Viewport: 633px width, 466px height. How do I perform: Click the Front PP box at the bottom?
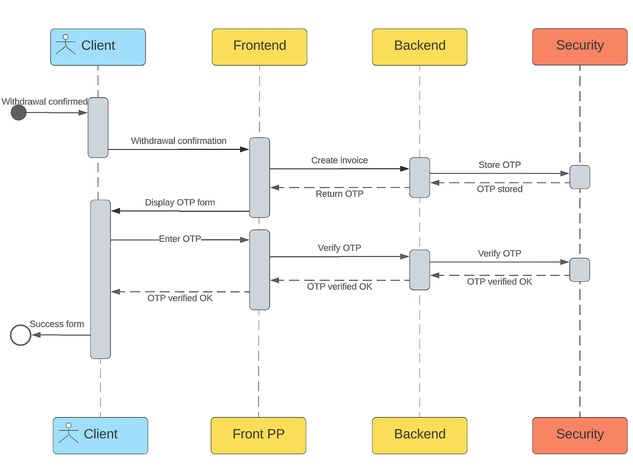point(258,435)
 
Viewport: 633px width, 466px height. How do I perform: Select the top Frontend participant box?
point(260,47)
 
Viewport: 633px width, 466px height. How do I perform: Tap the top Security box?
point(580,47)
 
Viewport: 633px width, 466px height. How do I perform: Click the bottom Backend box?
point(420,435)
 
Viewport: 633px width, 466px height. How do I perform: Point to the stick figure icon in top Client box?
point(66,44)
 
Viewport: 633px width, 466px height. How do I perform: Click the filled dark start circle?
point(19,112)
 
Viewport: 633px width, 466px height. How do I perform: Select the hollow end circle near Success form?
point(20,335)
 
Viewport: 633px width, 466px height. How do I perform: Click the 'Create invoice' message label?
point(339,160)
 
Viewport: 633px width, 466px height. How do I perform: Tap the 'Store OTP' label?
point(499,165)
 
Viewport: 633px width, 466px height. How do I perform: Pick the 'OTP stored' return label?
point(499,189)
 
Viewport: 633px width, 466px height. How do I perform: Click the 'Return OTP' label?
point(339,194)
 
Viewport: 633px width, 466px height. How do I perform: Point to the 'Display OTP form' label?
point(180,202)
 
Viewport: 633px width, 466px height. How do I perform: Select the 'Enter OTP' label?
point(180,239)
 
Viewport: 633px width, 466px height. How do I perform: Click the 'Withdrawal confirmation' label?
point(178,141)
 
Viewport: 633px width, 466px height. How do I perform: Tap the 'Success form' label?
point(57,324)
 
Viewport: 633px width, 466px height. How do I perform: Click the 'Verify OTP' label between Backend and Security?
point(499,253)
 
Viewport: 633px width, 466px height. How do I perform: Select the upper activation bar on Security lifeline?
point(580,177)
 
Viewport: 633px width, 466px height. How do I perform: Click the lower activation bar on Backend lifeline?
point(420,270)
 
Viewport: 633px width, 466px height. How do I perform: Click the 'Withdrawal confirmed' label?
point(44,101)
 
